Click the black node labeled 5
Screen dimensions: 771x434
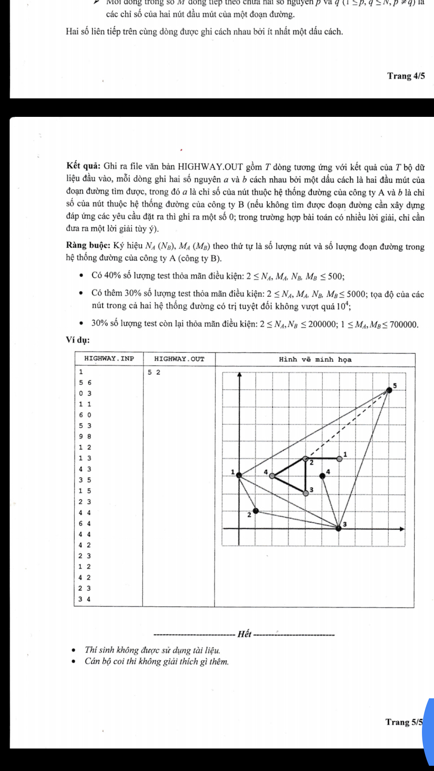(x=389, y=390)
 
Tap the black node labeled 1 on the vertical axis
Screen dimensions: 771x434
(x=239, y=475)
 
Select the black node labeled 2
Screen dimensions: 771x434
(x=256, y=511)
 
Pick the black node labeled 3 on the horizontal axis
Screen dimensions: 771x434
(x=338, y=528)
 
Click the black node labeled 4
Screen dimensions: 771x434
(x=322, y=476)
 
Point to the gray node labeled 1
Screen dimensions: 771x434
(x=340, y=459)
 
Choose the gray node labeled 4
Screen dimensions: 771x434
(x=272, y=476)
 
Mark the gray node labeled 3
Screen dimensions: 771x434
(x=306, y=493)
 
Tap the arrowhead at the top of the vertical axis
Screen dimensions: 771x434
(x=240, y=375)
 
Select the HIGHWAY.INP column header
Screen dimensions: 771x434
(x=109, y=359)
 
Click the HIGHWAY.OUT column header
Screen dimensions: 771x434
(x=179, y=359)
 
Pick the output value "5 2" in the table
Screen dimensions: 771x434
(x=154, y=372)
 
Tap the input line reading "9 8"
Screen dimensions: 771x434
(x=85, y=436)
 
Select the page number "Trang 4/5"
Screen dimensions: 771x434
(x=406, y=76)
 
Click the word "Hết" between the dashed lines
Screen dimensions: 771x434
(x=244, y=634)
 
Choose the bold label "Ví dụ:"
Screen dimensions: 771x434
(x=78, y=340)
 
